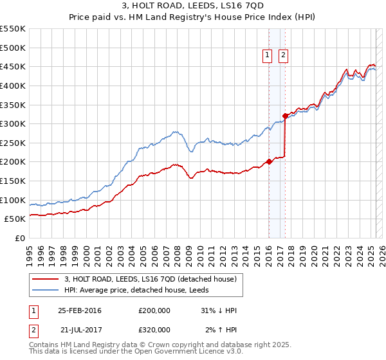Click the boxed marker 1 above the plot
(268, 56)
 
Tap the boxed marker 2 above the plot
(283, 56)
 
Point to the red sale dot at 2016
(269, 161)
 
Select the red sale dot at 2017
(285, 116)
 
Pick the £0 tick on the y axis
(20, 239)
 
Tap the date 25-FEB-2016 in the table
(80, 310)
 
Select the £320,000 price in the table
(154, 330)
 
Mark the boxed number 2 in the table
(33, 330)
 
